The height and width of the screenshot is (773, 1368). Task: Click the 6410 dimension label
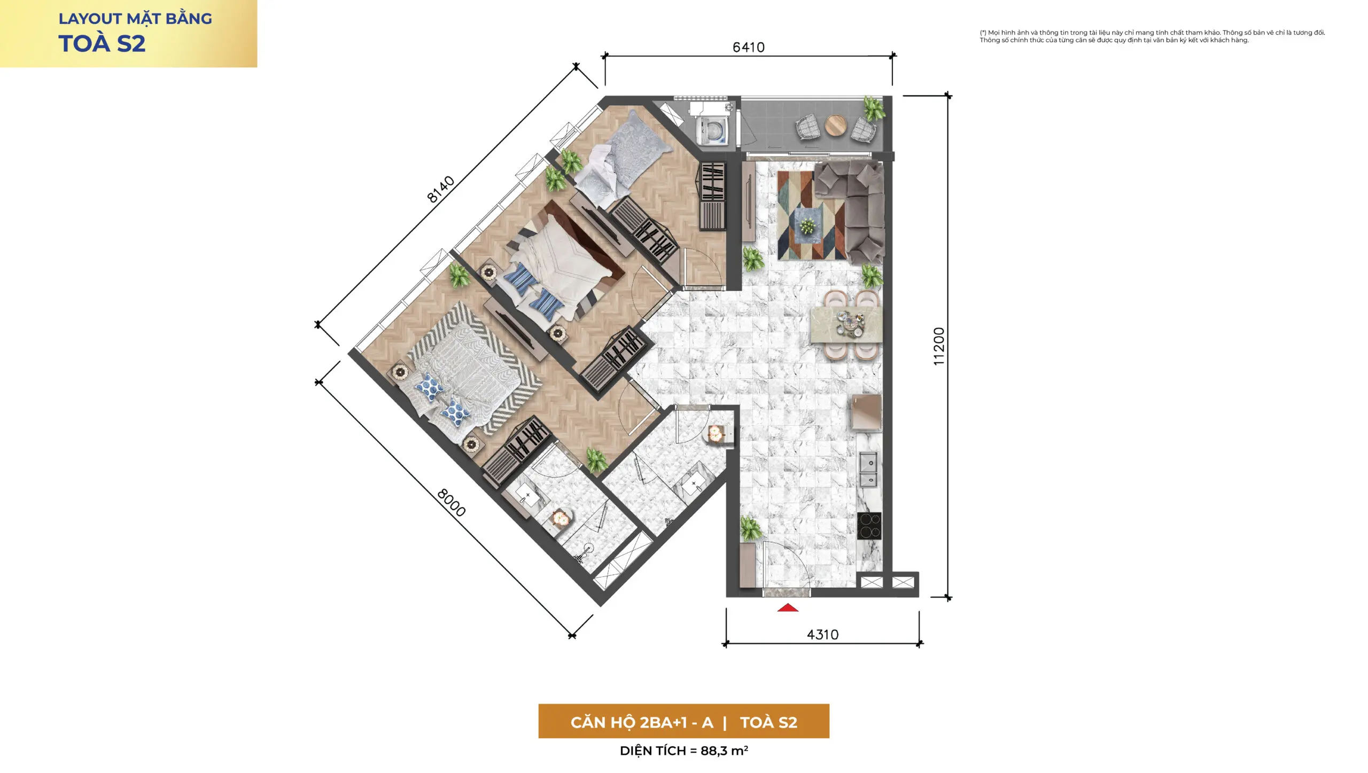point(748,47)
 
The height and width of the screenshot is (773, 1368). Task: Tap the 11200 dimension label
point(939,346)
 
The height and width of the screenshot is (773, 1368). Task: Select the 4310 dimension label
point(822,634)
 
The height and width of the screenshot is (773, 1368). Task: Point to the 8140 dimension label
point(441,189)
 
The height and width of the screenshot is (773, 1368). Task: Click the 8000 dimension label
point(452,502)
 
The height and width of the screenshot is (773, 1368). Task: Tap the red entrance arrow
point(787,607)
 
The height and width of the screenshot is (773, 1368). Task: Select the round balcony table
point(835,126)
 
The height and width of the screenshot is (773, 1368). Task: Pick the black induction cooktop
point(869,526)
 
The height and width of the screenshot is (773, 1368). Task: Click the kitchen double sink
point(868,470)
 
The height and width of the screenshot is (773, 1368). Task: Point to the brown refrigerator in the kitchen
point(866,412)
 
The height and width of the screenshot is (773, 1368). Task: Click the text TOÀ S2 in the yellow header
point(102,43)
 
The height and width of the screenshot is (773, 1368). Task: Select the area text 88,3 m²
point(724,751)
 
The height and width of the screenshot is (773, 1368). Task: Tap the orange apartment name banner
point(683,721)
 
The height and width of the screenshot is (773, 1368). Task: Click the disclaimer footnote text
point(1152,36)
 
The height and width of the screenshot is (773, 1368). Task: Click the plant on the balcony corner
point(874,109)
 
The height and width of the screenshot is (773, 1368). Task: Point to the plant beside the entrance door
point(750,528)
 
